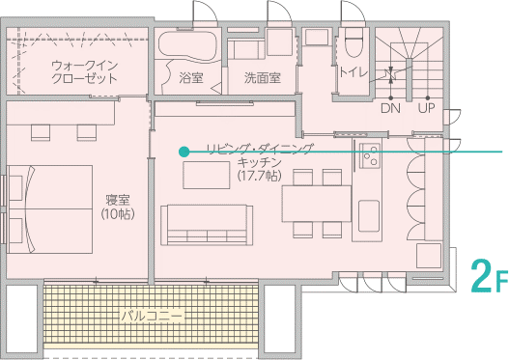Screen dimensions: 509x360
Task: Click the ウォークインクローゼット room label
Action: tap(84, 72)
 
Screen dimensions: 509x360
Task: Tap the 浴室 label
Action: tap(191, 78)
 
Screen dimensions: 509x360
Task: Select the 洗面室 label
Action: tap(263, 78)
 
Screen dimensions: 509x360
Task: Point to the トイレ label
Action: tap(353, 71)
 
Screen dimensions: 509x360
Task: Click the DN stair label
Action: tap(390, 108)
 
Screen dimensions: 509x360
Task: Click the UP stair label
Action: tap(427, 108)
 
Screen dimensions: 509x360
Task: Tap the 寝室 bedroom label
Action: tap(118, 200)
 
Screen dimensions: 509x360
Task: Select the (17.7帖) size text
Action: tap(260, 176)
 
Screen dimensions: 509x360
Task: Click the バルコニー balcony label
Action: tap(153, 316)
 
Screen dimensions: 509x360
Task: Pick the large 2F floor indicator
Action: tap(489, 276)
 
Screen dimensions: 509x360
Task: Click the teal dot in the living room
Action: tap(184, 152)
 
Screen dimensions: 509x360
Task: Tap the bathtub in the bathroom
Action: tap(187, 45)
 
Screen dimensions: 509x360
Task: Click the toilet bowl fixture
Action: tap(353, 42)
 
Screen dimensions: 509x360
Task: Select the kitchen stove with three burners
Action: tap(369, 155)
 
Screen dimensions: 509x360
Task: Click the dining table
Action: tap(317, 204)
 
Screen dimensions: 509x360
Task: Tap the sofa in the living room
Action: tap(207, 225)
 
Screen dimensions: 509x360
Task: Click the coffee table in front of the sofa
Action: tap(207, 175)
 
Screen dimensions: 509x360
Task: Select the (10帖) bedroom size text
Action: tap(118, 214)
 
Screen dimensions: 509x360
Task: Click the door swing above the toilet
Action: tap(353, 12)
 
